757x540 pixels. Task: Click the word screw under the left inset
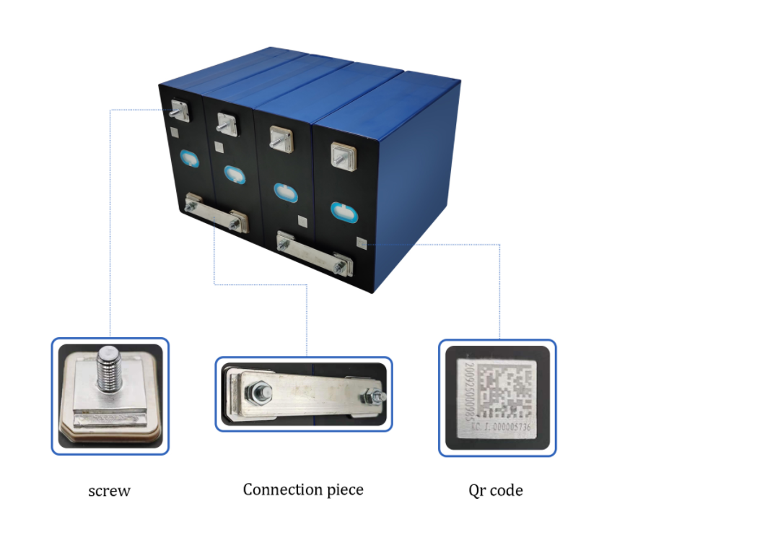coord(109,492)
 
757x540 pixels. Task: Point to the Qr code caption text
coord(496,491)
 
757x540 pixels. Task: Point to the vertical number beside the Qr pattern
coord(469,393)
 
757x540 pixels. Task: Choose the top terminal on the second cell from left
coord(226,123)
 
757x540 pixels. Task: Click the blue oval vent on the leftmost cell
coord(189,158)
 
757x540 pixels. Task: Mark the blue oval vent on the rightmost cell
coord(344,212)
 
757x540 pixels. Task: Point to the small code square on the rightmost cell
coord(361,243)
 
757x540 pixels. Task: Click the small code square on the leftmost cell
coord(175,132)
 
